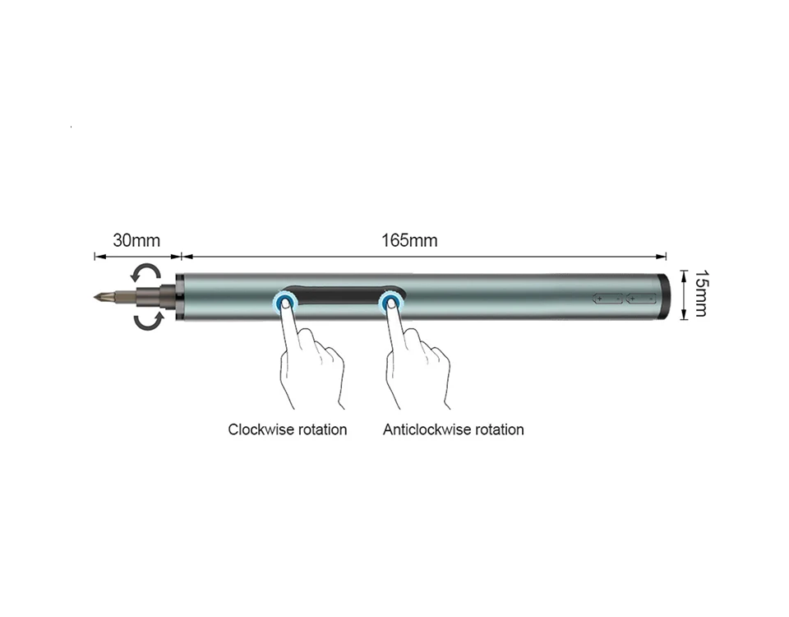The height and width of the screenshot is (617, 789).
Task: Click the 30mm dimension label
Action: [136, 240]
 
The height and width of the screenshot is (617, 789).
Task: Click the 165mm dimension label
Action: [409, 240]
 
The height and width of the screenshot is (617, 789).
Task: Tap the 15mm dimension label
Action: [701, 294]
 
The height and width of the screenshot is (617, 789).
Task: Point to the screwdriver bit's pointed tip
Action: [95, 297]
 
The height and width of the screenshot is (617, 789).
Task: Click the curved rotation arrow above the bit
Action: [145, 272]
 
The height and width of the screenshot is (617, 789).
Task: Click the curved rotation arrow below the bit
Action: [149, 321]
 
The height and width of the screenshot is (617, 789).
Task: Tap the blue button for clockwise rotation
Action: [285, 304]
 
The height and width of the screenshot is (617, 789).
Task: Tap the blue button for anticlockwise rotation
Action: [390, 304]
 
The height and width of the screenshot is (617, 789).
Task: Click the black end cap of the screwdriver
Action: [664, 296]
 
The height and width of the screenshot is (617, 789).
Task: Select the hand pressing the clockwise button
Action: [310, 355]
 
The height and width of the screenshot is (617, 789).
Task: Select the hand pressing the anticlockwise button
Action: [416, 355]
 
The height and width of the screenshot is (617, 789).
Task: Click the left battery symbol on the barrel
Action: [608, 299]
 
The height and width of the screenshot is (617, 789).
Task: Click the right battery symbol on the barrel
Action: [641, 299]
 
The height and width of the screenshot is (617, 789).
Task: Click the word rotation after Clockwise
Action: [322, 429]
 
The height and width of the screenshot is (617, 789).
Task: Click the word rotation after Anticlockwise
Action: [499, 429]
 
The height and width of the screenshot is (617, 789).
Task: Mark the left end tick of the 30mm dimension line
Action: [95, 257]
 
